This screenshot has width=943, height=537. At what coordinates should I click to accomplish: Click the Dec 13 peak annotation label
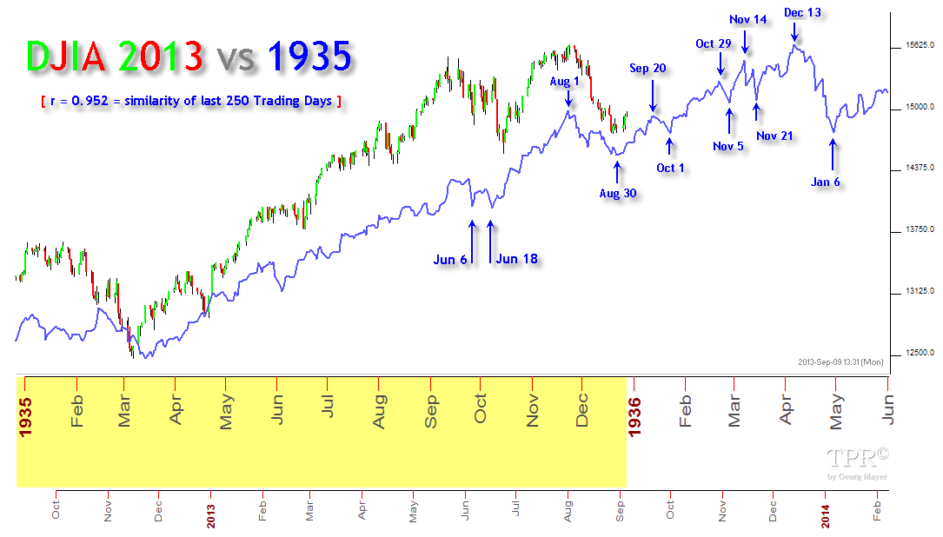pyautogui.click(x=802, y=13)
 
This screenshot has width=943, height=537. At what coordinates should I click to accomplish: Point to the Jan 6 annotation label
pyautogui.click(x=826, y=182)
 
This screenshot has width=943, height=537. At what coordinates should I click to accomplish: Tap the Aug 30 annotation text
pyautogui.click(x=617, y=194)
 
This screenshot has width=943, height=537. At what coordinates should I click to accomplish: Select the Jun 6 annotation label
pyautogui.click(x=450, y=259)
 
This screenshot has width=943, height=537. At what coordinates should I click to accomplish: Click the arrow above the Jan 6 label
pyautogui.click(x=833, y=154)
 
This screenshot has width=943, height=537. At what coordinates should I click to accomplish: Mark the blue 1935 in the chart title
pyautogui.click(x=310, y=56)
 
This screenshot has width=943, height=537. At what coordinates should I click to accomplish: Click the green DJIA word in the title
pyautogui.click(x=70, y=56)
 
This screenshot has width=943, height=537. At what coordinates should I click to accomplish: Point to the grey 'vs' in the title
pyautogui.click(x=236, y=58)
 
